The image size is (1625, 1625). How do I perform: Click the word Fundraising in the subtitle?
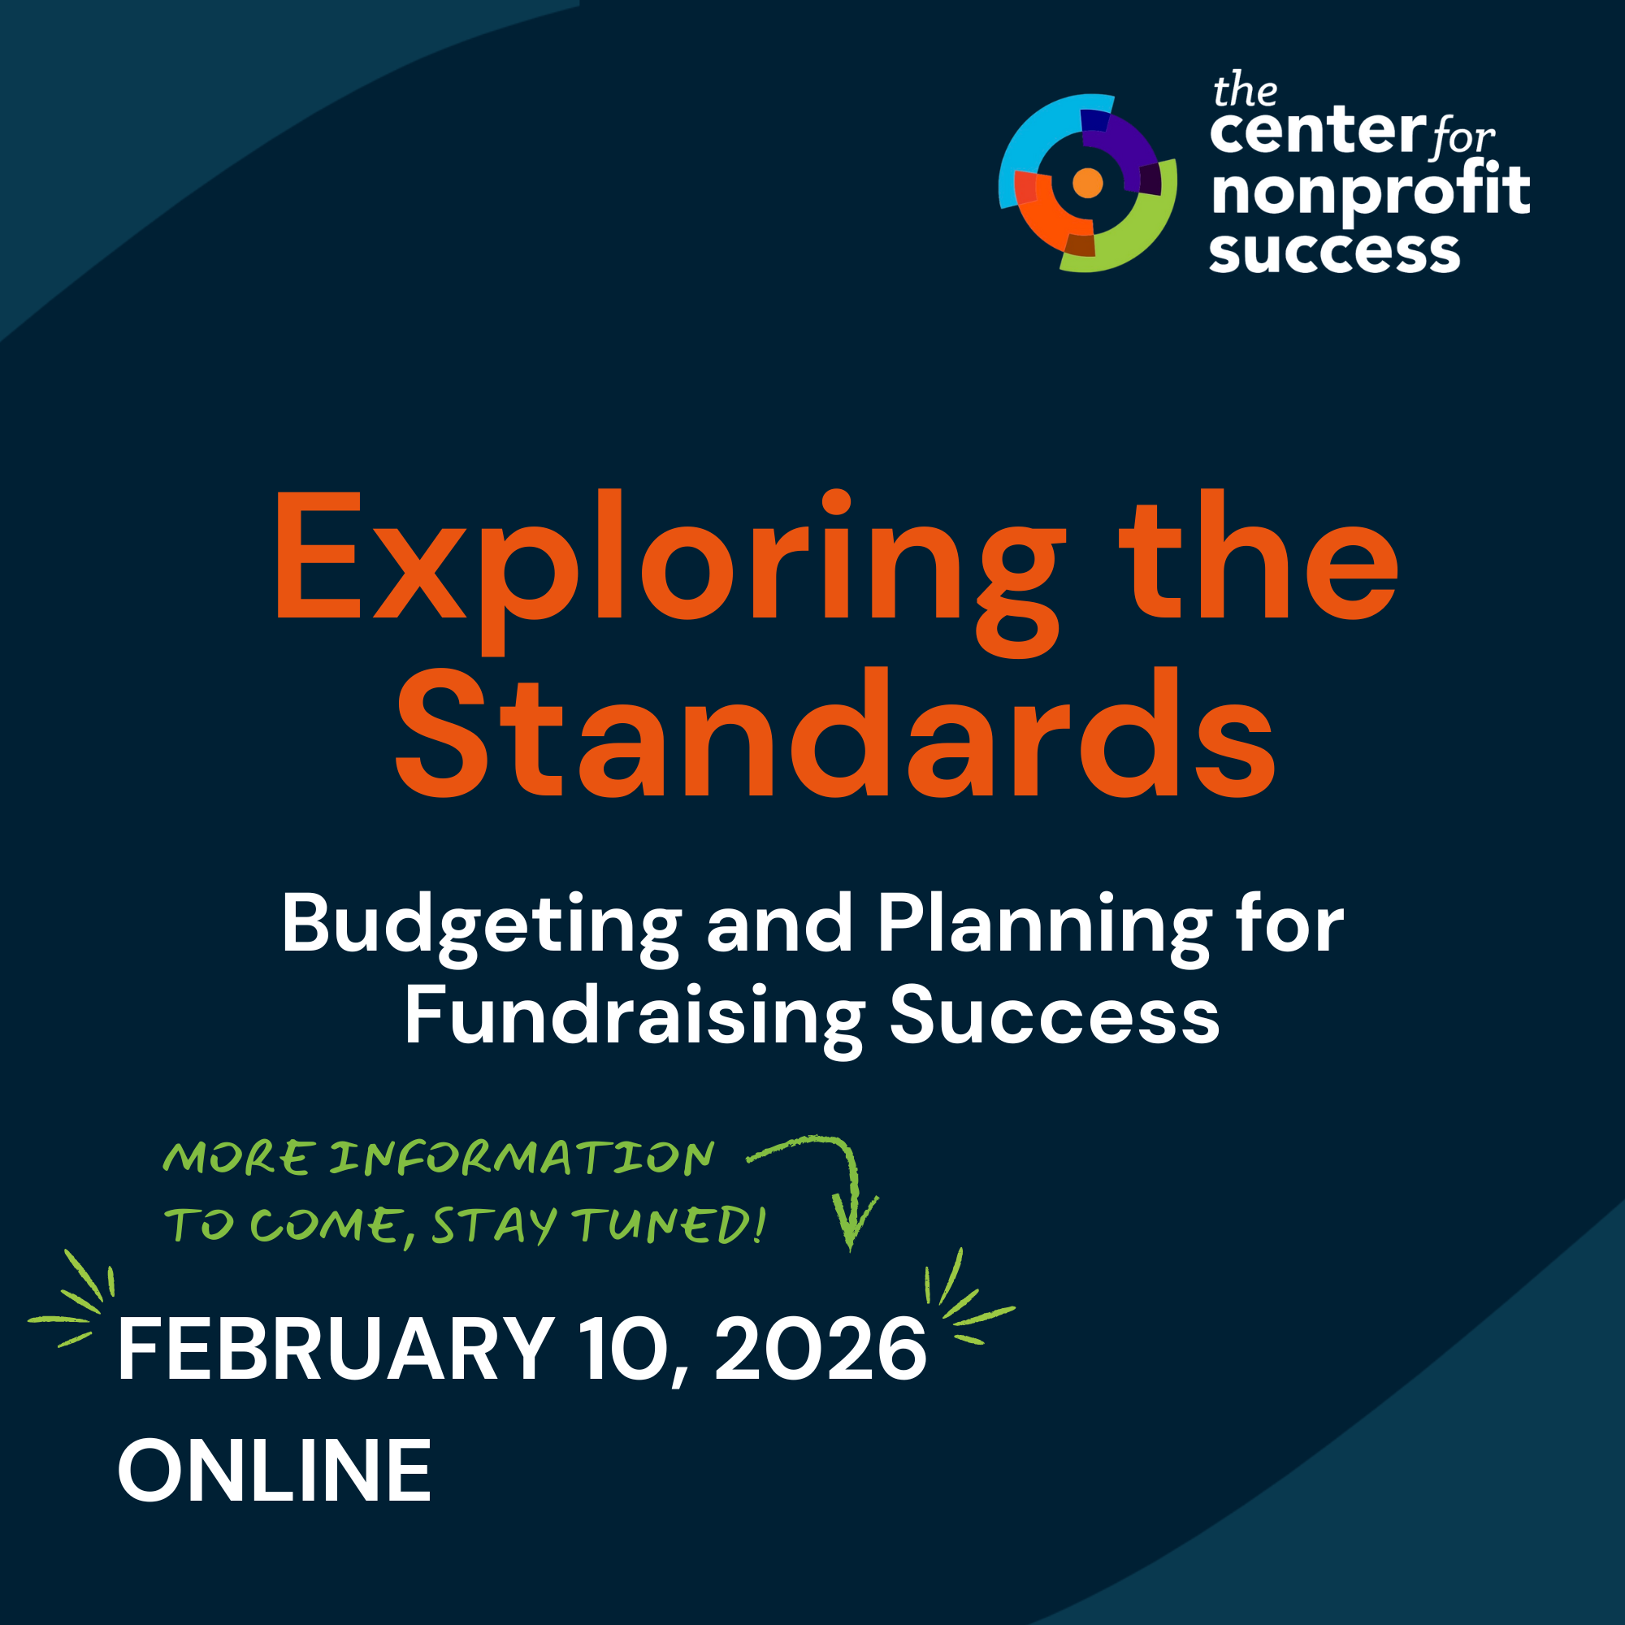tap(635, 1016)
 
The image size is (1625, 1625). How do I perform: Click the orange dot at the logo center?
tap(1088, 183)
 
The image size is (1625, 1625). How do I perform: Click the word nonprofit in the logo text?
tap(1370, 192)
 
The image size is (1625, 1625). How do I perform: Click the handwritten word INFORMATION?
tap(522, 1158)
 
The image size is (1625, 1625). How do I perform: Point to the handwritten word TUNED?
tap(669, 1224)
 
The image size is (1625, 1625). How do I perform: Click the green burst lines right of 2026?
tap(963, 1299)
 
